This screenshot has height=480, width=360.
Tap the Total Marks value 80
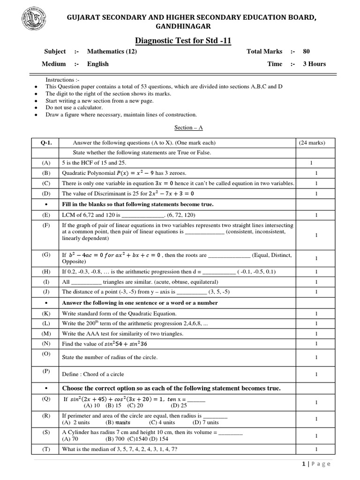pyautogui.click(x=306, y=52)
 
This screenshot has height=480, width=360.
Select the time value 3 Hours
pyautogui.click(x=314, y=64)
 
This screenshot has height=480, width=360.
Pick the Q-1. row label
pyautogui.click(x=46, y=142)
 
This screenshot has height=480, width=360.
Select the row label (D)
pyautogui.click(x=46, y=194)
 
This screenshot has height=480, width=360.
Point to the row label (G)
pyautogui.click(x=46, y=255)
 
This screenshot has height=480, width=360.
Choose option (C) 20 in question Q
pyautogui.click(x=135, y=405)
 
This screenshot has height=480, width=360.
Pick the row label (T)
pyautogui.click(x=46, y=450)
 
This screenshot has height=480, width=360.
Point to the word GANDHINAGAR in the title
pyautogui.click(x=180, y=27)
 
